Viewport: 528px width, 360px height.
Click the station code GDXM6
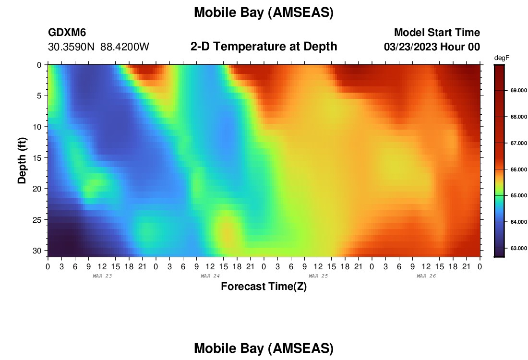coord(67,32)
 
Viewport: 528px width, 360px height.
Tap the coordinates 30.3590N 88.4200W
coord(98,47)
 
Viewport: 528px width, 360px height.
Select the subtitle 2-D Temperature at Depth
coord(264,47)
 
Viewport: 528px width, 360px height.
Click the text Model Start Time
coord(437,32)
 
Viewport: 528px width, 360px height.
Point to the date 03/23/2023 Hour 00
coord(432,47)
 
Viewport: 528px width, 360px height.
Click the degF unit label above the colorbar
coord(502,58)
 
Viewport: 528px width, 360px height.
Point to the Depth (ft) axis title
coord(22,160)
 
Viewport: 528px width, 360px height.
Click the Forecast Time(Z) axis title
coord(264,287)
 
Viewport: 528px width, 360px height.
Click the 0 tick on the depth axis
coord(39,65)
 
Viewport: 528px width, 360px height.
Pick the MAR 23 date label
coord(102,276)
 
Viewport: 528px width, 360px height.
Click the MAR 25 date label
coord(318,276)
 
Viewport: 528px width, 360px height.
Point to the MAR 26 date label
coord(426,276)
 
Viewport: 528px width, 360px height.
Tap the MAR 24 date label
coord(210,276)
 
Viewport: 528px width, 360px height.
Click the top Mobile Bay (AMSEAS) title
coord(264,12)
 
